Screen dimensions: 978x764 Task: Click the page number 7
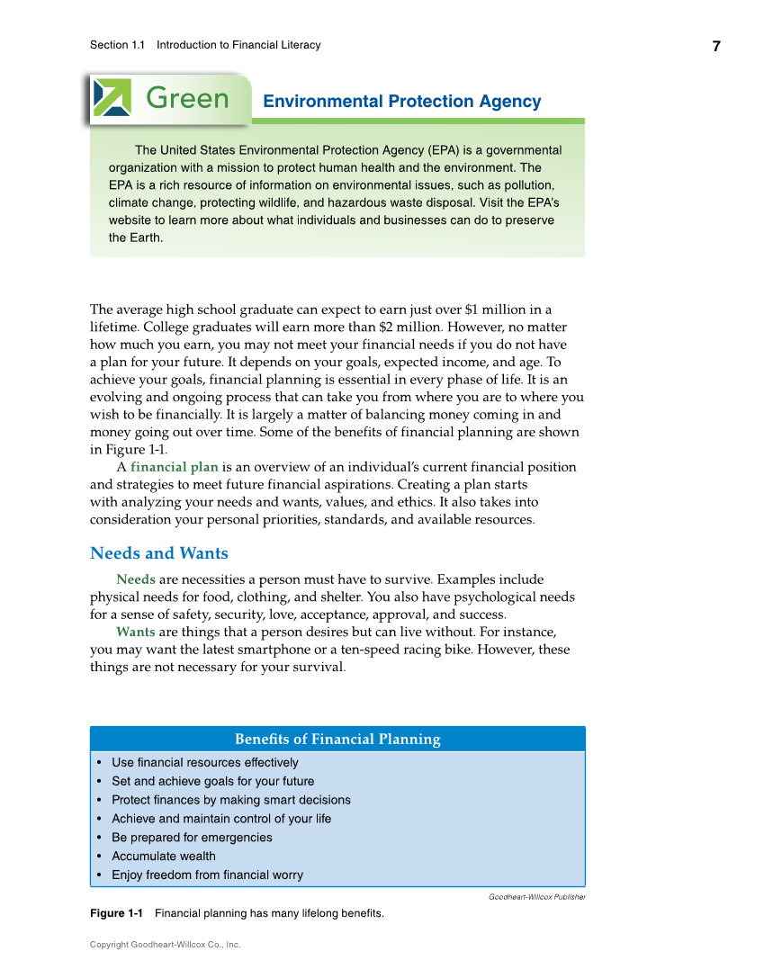click(716, 47)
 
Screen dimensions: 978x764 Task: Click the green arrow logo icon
click(112, 97)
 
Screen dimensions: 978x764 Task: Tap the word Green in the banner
click(187, 98)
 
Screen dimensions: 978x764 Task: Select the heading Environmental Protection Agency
click(401, 102)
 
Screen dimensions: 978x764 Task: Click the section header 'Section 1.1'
click(117, 45)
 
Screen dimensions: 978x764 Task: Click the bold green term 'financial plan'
click(175, 467)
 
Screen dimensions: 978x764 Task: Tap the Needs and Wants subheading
click(159, 553)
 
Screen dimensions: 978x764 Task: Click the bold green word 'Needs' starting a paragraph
click(135, 579)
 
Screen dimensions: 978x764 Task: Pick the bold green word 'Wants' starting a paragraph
click(135, 633)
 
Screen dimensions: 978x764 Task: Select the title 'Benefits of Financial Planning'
click(337, 740)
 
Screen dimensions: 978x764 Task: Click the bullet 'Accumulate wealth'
click(164, 856)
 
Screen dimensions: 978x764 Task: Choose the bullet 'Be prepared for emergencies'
click(192, 837)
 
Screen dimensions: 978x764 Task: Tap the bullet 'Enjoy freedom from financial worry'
click(207, 875)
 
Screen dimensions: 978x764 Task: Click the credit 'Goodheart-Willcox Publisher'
click(537, 897)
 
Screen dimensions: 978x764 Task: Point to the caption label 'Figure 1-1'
click(116, 914)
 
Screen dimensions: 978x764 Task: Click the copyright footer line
click(165, 945)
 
